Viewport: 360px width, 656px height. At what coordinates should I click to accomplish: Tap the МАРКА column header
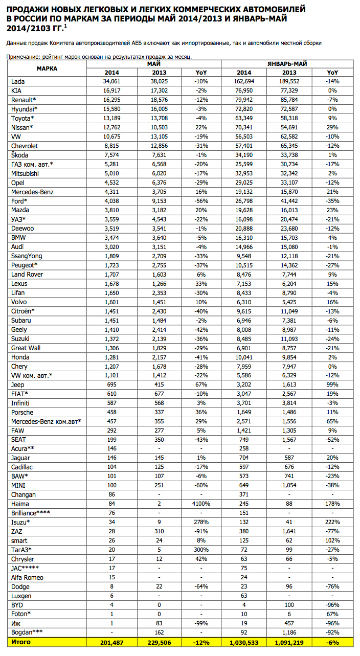(47, 68)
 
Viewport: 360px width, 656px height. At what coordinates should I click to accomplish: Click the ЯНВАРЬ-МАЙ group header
(288, 63)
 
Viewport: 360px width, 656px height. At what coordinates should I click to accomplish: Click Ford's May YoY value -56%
(201, 201)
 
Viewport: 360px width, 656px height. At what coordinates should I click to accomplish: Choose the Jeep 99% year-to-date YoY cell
(333, 384)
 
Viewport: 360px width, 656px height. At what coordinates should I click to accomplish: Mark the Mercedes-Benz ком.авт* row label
(46, 421)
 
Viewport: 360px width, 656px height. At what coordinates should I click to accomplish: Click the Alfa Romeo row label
(27, 577)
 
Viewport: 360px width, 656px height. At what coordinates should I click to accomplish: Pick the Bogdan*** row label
(27, 632)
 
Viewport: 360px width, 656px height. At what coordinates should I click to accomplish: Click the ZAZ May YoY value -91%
(201, 532)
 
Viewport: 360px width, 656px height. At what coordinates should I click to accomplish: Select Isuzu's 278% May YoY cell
(201, 523)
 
